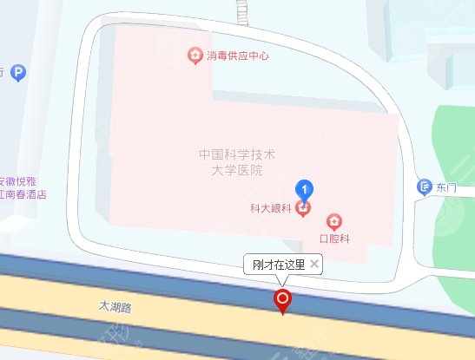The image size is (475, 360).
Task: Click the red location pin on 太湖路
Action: [282, 300]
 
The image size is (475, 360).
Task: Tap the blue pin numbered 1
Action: [304, 187]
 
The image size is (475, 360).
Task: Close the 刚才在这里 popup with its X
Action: [314, 264]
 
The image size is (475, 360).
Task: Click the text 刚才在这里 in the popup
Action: [279, 264]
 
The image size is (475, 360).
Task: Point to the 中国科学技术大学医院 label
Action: [236, 162]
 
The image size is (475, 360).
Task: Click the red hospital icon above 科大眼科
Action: [303, 207]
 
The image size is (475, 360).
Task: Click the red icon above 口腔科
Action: [333, 221]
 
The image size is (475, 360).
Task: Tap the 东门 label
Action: [446, 186]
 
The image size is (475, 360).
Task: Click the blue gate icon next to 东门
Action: [424, 186]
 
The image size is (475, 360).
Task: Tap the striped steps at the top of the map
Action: [241, 10]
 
